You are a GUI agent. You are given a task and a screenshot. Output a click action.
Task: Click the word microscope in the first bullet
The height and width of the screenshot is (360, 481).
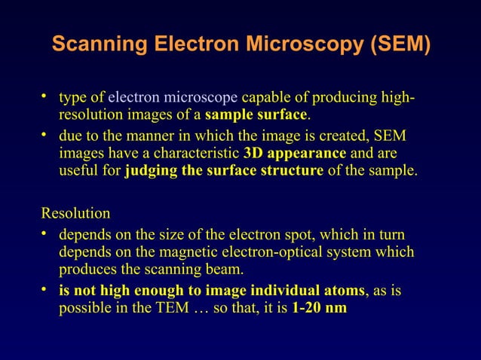coord(201,98)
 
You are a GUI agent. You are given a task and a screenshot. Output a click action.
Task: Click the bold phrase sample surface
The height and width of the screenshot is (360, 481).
coord(256,116)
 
